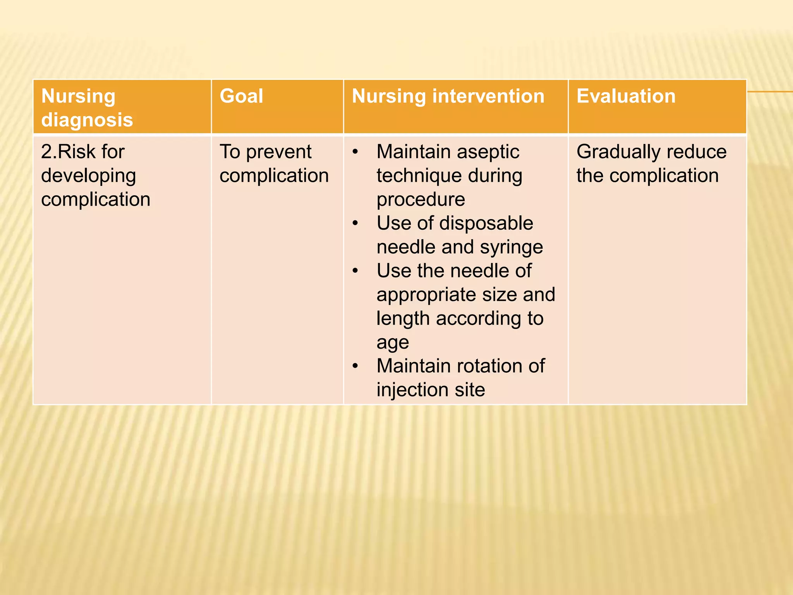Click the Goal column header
click(x=241, y=96)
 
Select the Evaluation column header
click(x=626, y=96)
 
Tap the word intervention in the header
click(x=488, y=96)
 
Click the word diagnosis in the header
click(x=87, y=120)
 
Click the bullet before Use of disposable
click(x=355, y=224)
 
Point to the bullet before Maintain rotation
click(x=355, y=366)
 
